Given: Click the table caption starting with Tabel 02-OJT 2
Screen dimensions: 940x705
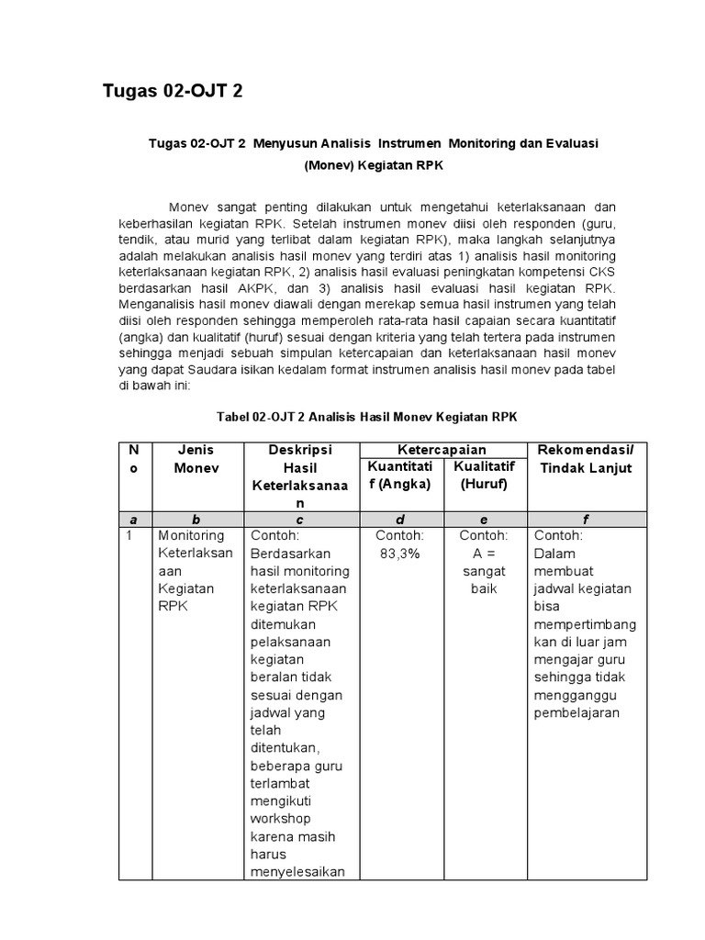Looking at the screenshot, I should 367,416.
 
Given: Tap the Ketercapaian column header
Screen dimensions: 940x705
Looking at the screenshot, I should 441,450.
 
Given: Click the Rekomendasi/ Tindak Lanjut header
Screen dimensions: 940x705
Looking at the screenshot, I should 587,459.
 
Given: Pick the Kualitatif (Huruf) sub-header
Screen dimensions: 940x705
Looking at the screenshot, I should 484,475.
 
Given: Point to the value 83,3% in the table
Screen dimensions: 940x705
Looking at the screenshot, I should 399,554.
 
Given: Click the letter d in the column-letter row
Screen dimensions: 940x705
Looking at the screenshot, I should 399,520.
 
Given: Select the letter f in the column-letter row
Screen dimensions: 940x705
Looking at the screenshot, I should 587,520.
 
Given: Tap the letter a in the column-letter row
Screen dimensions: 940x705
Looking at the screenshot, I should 134,520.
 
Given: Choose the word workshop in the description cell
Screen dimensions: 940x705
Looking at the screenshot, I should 280,818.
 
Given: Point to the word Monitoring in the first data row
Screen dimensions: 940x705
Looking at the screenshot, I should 191,536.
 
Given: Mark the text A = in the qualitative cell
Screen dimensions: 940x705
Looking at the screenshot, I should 483,554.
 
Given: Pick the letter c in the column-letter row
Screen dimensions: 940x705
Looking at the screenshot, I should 299,520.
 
